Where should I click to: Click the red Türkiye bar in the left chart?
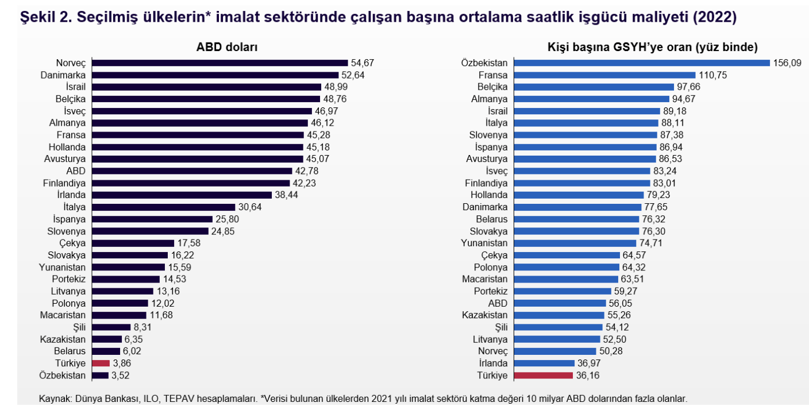101,363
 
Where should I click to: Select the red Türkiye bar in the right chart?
544,376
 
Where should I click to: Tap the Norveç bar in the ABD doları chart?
219,63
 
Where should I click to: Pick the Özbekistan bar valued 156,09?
641,63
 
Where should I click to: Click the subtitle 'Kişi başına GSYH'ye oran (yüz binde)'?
653,48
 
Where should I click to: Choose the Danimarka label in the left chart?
63,75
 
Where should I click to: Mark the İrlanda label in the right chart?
492,363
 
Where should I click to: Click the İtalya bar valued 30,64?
164,207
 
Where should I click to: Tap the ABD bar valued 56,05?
560,303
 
